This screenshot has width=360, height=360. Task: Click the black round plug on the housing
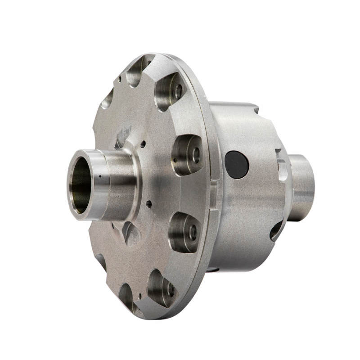[x=237, y=164]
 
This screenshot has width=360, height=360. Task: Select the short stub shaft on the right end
[x=301, y=187]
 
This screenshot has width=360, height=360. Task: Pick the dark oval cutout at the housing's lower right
[x=276, y=230]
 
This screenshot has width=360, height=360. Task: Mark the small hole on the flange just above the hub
[x=143, y=145]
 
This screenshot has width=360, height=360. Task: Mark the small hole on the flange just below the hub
[x=148, y=204]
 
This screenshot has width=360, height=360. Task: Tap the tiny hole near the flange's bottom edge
[x=140, y=296]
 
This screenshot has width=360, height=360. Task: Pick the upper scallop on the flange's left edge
[x=107, y=99]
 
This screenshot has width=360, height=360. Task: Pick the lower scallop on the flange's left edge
[x=101, y=261]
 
